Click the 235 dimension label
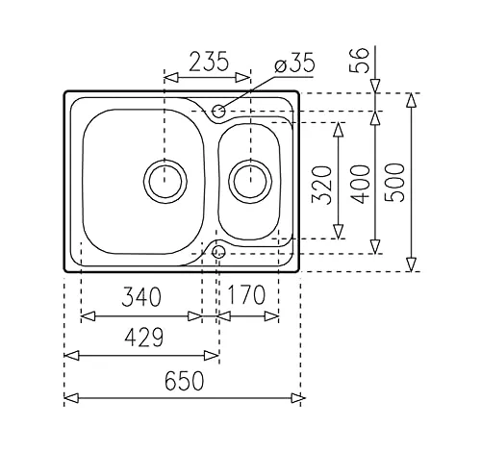[x=209, y=61]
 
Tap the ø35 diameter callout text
[x=295, y=63]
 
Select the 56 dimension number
[x=361, y=61]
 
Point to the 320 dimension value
[x=321, y=185]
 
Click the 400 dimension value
[x=360, y=185]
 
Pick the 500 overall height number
[x=394, y=183]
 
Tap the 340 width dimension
[x=141, y=296]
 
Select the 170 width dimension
[x=246, y=294]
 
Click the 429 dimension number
[x=144, y=338]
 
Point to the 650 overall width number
[x=184, y=381]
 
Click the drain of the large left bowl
[x=165, y=182]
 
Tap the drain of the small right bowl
[x=250, y=182]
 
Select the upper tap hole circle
[x=218, y=112]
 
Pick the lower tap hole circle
[x=218, y=252]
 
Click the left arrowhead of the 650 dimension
[x=71, y=398]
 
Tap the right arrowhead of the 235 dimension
[x=242, y=78]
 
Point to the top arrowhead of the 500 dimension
[x=412, y=100]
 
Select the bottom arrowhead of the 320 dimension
[x=339, y=232]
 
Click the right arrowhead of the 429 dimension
[x=212, y=356]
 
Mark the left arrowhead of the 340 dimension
[x=88, y=316]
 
